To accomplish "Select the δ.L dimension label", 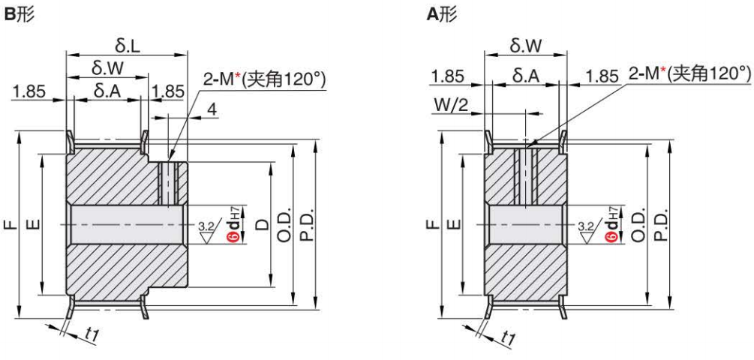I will (125, 46).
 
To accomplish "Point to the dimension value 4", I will (212, 109).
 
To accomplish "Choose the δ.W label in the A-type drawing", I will (526, 46).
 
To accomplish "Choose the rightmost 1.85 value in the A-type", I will (602, 76).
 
